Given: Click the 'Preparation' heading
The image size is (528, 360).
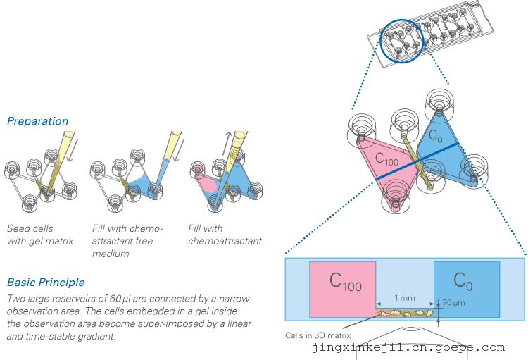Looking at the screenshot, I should click(x=37, y=121).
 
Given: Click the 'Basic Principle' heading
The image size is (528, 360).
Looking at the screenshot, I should click(x=45, y=283).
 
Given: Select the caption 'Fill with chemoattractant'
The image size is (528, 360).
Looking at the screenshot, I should click(x=225, y=235).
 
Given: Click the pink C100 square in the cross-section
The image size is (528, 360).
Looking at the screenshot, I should click(x=342, y=288).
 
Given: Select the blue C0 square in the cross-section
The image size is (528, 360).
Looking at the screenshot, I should click(x=466, y=288).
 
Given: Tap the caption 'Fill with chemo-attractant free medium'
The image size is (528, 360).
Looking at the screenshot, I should click(x=127, y=241).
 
